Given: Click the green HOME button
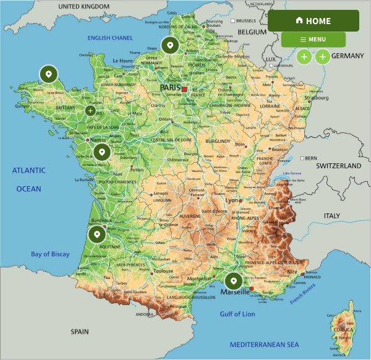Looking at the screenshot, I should pyautogui.click(x=313, y=21).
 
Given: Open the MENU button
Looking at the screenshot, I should pyautogui.click(x=313, y=40).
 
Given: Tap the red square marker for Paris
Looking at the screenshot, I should pyautogui.click(x=184, y=90).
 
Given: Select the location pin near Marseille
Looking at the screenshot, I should pyautogui.click(x=234, y=281).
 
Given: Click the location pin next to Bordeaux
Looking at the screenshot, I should pyautogui.click(x=96, y=234).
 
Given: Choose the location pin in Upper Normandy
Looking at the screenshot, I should pyautogui.click(x=169, y=45).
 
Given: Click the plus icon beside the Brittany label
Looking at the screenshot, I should pyautogui.click(x=90, y=111).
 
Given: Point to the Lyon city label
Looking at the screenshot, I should pyautogui.click(x=232, y=201).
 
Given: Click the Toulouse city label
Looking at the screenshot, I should pyautogui.click(x=163, y=271).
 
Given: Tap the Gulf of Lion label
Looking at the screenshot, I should pyautogui.click(x=237, y=314).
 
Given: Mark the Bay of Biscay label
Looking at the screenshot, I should pyautogui.click(x=51, y=254).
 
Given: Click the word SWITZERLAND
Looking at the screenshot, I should pyautogui.click(x=338, y=166).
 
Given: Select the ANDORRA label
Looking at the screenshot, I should pyautogui.click(x=145, y=314).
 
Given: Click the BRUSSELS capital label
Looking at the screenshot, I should pyautogui.click(x=245, y=21).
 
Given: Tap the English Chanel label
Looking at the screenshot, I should pyautogui.click(x=110, y=38).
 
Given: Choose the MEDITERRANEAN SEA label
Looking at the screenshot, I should pyautogui.click(x=264, y=344).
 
